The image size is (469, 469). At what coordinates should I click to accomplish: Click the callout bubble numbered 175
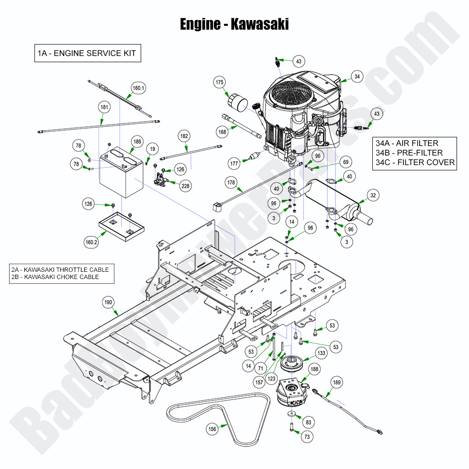[220, 83]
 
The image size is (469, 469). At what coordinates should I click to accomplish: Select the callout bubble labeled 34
[357, 76]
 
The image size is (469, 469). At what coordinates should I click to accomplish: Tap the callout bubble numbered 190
[108, 302]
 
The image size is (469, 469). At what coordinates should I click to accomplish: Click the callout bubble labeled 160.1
[139, 88]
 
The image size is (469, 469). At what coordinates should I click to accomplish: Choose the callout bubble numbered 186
[137, 142]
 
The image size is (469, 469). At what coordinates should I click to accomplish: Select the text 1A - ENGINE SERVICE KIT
[87, 53]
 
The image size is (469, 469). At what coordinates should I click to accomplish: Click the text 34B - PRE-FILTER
[409, 153]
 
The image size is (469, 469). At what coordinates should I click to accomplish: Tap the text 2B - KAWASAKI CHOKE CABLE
[56, 277]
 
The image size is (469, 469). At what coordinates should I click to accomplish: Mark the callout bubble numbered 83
[308, 422]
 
